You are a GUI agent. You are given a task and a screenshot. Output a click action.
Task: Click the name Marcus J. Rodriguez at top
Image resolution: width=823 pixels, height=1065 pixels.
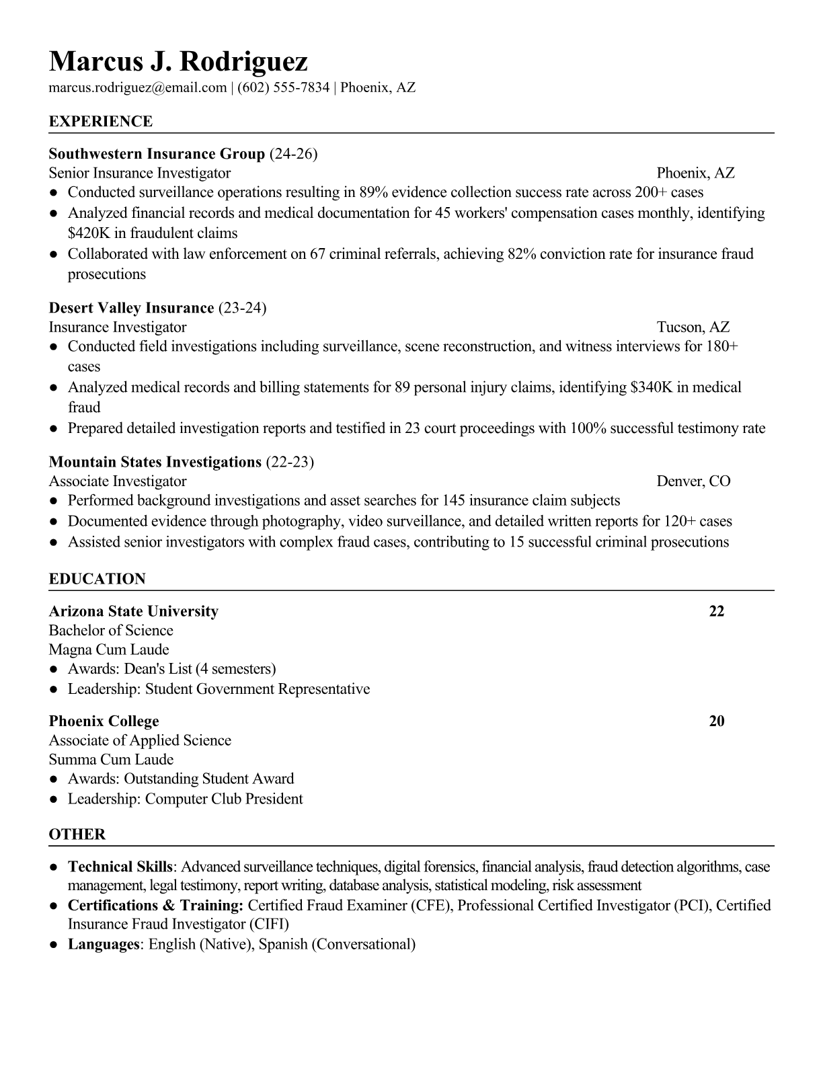click(x=178, y=61)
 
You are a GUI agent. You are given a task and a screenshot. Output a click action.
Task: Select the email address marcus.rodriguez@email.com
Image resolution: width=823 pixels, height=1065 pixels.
click(x=138, y=87)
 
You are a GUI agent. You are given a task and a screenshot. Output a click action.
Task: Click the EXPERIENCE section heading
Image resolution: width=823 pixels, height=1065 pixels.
click(x=101, y=122)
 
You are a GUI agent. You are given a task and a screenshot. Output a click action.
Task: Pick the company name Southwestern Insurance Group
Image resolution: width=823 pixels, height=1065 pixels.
click(x=157, y=154)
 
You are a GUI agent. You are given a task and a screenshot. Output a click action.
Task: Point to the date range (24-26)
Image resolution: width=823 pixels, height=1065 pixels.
click(x=293, y=154)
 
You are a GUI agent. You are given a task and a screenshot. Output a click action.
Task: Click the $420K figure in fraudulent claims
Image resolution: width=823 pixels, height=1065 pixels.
click(x=87, y=233)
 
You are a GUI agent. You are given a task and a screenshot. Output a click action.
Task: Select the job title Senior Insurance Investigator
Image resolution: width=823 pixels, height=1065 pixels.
click(x=140, y=173)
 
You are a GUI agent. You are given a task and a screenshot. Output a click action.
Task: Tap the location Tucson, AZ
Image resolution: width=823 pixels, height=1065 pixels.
click(x=693, y=327)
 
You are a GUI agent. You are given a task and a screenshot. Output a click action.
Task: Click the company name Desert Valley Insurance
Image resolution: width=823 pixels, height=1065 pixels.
click(x=131, y=308)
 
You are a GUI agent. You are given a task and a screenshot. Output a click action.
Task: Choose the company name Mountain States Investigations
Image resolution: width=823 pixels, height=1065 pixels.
click(x=155, y=462)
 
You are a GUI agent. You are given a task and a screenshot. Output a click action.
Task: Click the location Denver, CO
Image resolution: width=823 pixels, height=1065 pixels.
click(x=693, y=481)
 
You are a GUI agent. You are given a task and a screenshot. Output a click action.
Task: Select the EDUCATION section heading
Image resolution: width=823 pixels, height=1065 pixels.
click(x=97, y=579)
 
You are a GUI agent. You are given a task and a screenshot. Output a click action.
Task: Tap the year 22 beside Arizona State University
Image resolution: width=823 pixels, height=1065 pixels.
click(x=717, y=611)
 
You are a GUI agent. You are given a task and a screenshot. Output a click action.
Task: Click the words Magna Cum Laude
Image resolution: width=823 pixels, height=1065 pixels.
click(x=109, y=649)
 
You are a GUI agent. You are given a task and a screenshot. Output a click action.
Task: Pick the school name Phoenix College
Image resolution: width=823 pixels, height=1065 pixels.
click(x=104, y=721)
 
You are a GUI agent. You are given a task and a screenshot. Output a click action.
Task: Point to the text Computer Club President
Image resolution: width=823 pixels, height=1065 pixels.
click(x=224, y=799)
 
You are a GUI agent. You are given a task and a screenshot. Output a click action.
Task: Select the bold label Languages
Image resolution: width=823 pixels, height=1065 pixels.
click(x=103, y=944)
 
